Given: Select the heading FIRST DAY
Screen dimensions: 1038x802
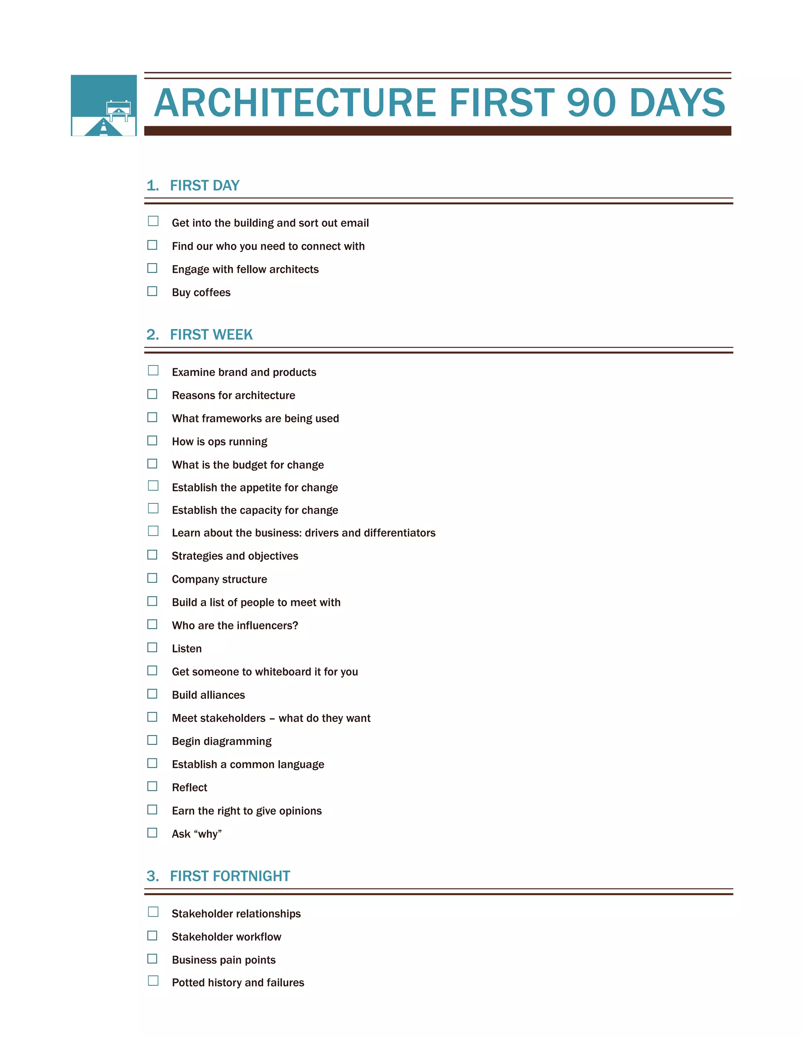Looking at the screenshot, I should (204, 185).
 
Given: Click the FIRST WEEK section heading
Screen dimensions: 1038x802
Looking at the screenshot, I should (211, 335).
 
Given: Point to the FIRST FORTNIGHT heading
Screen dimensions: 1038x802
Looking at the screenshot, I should (230, 876).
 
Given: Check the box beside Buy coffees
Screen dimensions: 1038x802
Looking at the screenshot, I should (152, 291).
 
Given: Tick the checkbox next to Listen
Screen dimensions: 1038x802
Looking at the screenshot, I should (152, 647).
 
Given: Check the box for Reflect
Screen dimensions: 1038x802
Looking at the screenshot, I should (152, 786).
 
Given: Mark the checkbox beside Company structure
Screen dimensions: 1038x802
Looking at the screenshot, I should (152, 578).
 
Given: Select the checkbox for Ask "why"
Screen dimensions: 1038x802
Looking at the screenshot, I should (152, 833).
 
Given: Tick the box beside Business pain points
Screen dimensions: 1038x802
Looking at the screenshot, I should (152, 958).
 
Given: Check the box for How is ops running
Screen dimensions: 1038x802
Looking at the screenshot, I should (152, 441).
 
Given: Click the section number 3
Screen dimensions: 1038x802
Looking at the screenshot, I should (152, 876).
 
